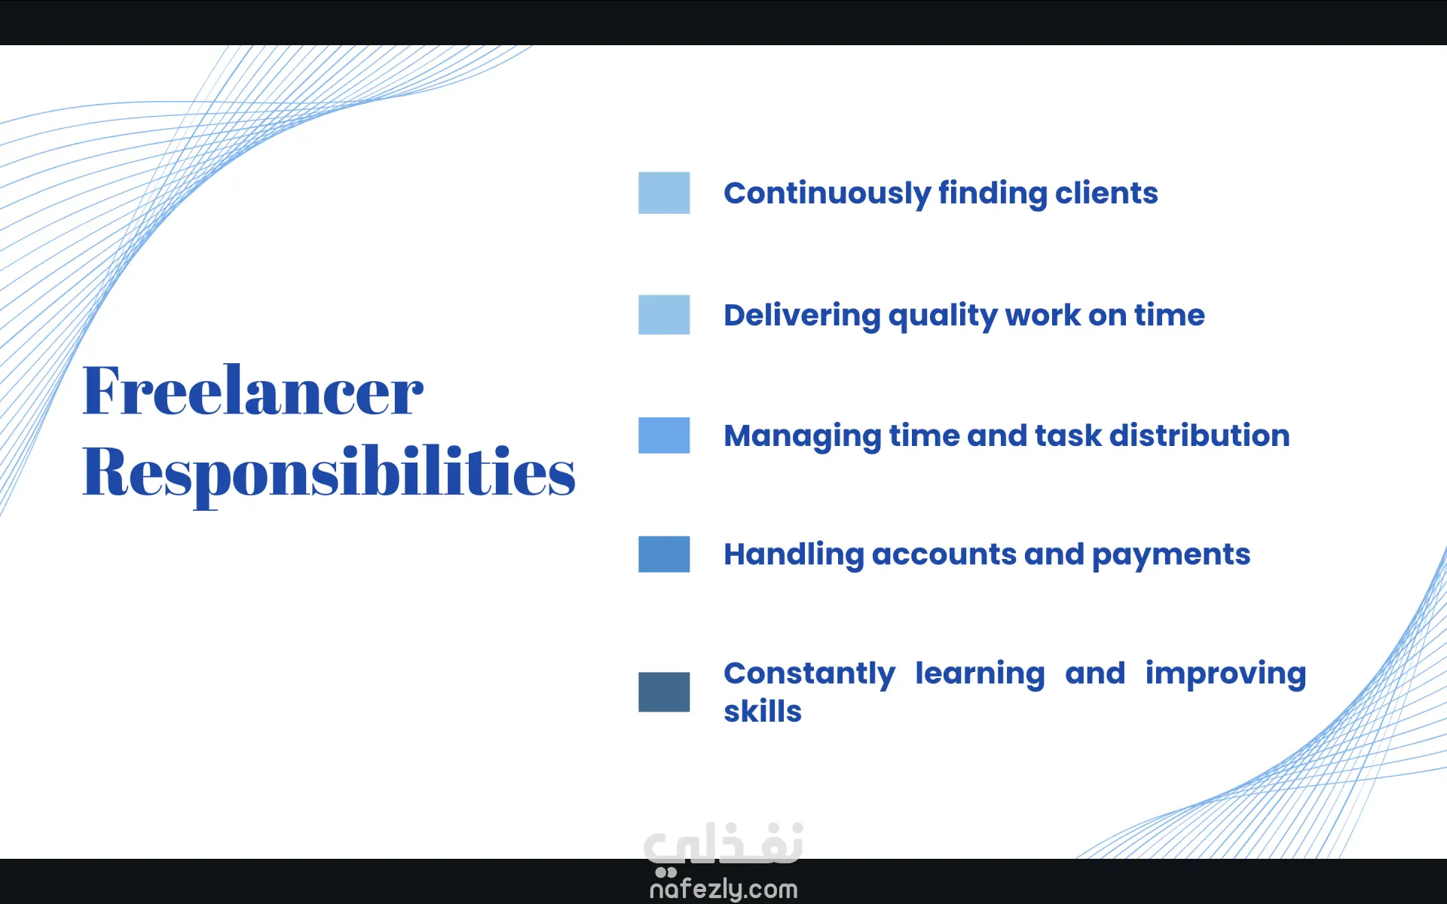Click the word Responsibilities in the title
(329, 473)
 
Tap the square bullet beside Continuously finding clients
(664, 193)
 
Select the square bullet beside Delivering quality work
(664, 314)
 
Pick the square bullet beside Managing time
(664, 435)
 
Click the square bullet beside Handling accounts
(664, 554)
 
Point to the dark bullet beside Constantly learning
(664, 692)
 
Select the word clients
(1106, 193)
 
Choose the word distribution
(1200, 435)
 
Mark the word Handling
(794, 555)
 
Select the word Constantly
(809, 674)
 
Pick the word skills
(763, 711)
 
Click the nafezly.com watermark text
(723, 889)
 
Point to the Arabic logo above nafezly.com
(723, 844)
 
